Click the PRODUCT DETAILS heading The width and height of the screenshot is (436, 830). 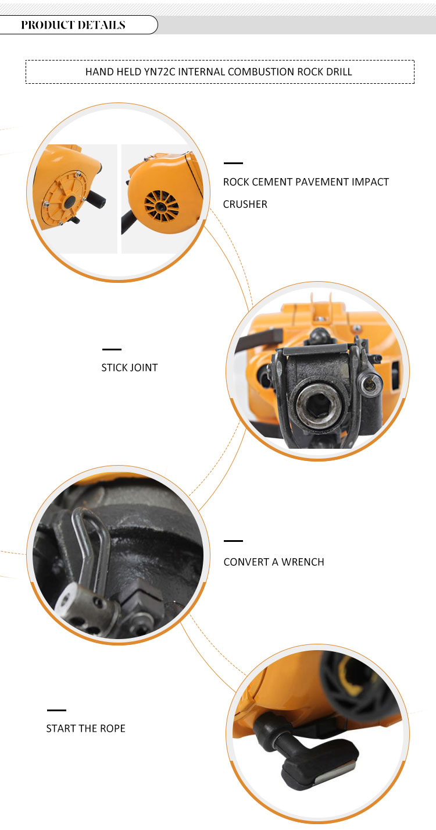[73, 25]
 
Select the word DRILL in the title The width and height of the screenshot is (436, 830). [339, 72]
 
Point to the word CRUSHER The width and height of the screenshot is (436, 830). [245, 204]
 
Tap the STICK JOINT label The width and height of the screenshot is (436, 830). [130, 368]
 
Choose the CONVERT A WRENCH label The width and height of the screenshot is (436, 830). [274, 562]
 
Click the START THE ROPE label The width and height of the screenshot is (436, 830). [86, 729]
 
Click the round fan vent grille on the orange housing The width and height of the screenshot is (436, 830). [162, 206]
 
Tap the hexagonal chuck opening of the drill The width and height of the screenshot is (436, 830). [317, 405]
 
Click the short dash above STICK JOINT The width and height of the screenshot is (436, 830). [112, 349]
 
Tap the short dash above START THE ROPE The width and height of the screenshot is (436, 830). [56, 710]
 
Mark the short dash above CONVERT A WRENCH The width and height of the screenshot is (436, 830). [233, 541]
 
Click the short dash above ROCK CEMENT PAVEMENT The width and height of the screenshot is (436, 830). [233, 163]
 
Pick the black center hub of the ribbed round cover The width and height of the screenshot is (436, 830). [70, 202]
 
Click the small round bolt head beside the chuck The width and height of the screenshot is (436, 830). [368, 385]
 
